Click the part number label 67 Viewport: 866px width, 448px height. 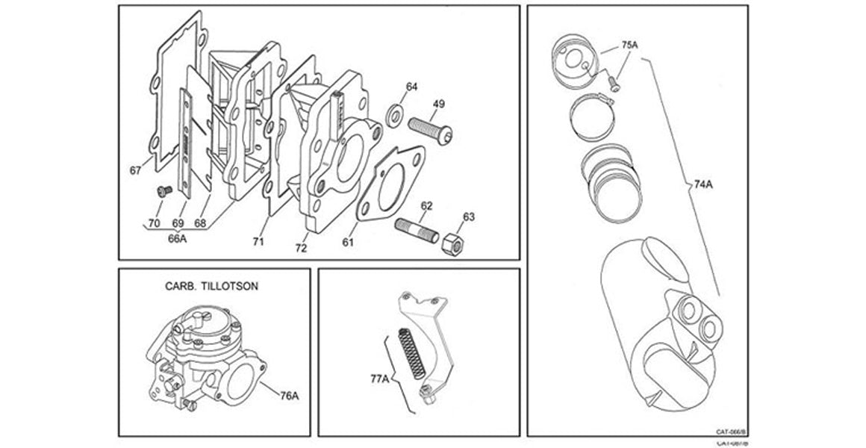(x=135, y=170)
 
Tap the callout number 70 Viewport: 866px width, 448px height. (x=153, y=223)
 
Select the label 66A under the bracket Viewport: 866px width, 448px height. (x=176, y=238)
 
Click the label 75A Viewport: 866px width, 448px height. (x=629, y=45)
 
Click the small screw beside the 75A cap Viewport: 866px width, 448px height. (x=614, y=84)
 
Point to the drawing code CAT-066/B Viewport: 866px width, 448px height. (x=731, y=432)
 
